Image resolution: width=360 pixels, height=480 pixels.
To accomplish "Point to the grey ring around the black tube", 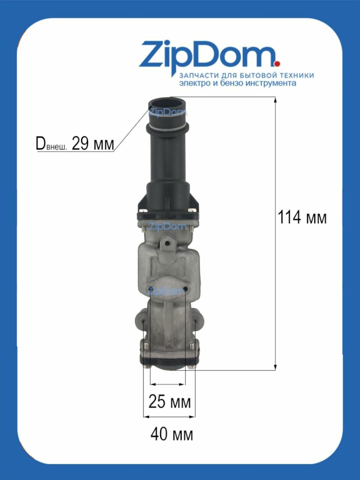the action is click(x=167, y=127).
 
